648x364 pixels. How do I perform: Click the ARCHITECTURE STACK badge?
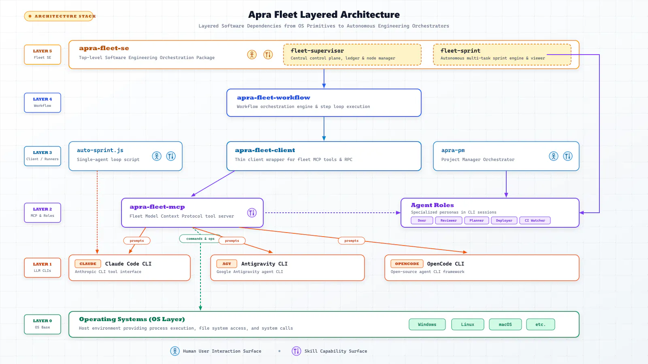tap(60, 16)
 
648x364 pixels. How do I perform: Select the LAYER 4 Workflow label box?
tap(43, 103)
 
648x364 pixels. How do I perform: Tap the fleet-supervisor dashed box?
tap(352, 55)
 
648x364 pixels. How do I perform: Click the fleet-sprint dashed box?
tap(502, 55)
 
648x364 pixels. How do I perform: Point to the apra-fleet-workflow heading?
tap(273, 97)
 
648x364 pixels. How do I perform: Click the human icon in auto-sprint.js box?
tap(157, 156)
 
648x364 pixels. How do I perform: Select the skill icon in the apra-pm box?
tap(567, 156)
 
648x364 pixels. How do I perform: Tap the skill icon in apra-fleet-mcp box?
tap(252, 213)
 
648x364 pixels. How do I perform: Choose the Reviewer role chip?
tap(448, 220)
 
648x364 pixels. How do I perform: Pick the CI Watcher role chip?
tap(535, 220)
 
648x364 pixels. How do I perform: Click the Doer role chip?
tap(422, 220)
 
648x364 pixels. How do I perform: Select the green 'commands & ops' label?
tap(200, 239)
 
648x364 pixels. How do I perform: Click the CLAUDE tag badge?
tap(87, 264)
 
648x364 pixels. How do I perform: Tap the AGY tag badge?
tap(226, 264)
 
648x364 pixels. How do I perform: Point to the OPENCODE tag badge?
tap(407, 264)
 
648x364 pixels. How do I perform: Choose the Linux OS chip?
tap(467, 324)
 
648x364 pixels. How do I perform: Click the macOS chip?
tap(505, 324)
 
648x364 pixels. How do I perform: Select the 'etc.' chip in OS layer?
tap(540, 324)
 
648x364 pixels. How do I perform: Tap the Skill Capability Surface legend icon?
tap(296, 351)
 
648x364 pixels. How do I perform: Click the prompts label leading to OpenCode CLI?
tap(351, 241)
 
